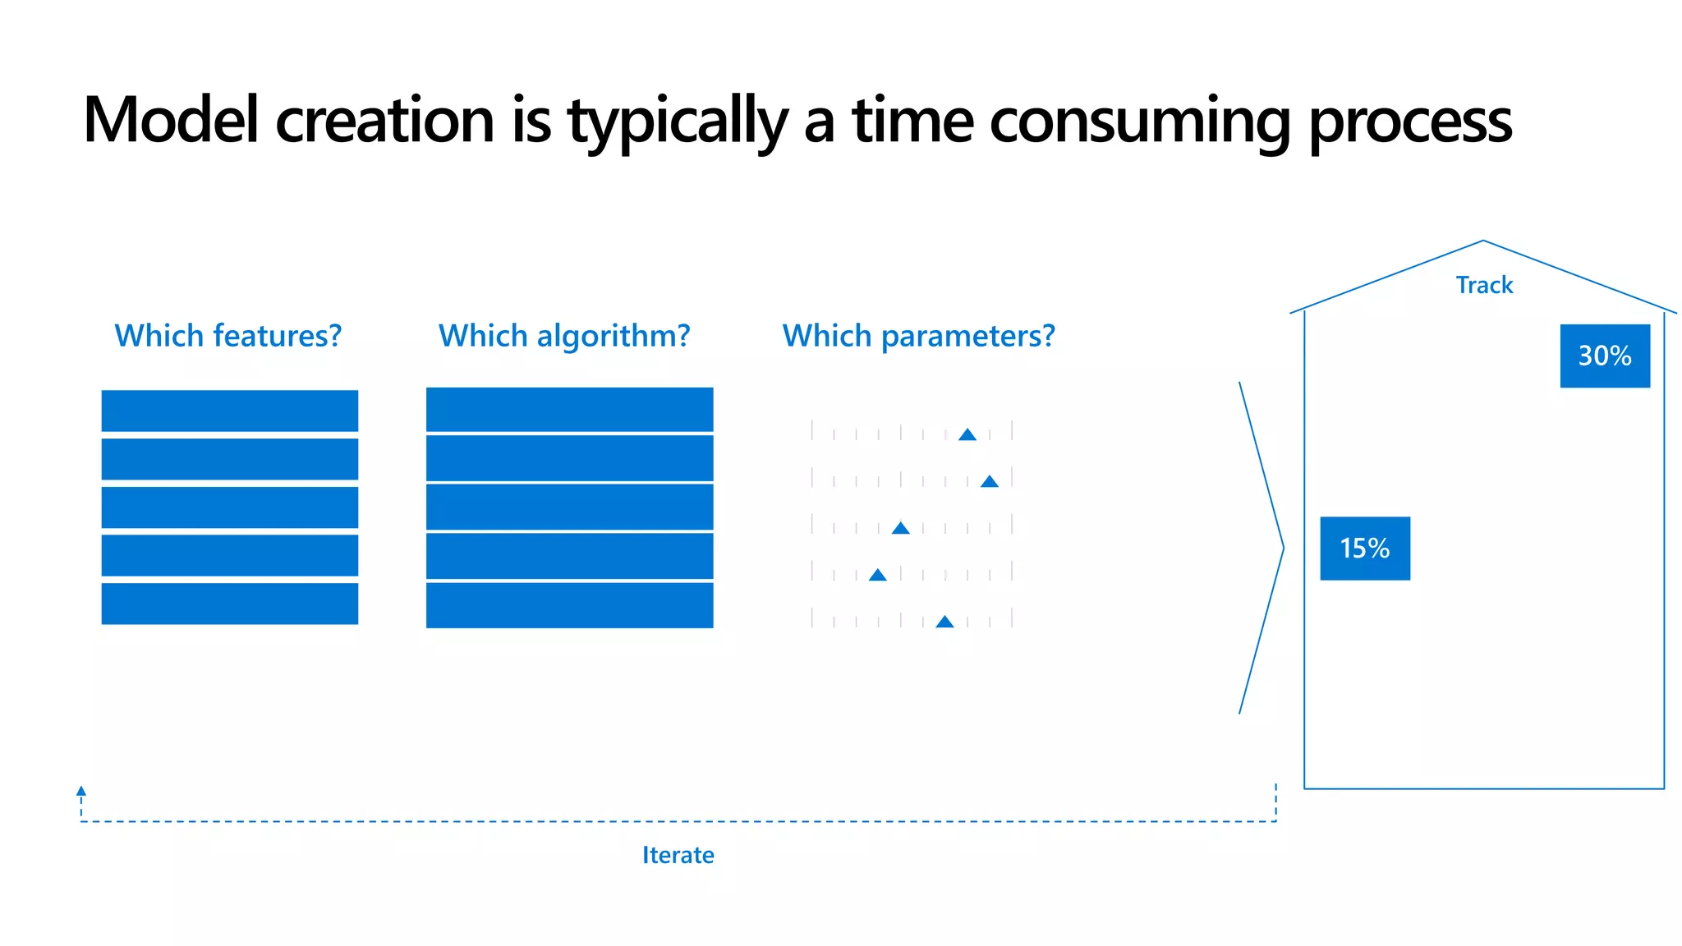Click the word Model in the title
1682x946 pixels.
click(171, 121)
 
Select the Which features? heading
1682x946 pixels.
click(227, 336)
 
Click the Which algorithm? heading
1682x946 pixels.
click(564, 336)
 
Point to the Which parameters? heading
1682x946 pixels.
click(918, 336)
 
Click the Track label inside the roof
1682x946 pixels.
click(1484, 285)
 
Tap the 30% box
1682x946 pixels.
click(1605, 356)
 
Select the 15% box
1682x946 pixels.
click(1365, 548)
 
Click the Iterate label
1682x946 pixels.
click(678, 855)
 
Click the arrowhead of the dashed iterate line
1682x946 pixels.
click(81, 791)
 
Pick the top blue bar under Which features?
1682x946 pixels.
click(230, 411)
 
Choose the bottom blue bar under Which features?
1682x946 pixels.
click(230, 604)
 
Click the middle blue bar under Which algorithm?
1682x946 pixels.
click(569, 507)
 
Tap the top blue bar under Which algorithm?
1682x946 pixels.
click(569, 409)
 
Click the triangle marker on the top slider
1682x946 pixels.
click(967, 435)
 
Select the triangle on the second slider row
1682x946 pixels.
click(990, 482)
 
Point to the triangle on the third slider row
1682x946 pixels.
click(901, 529)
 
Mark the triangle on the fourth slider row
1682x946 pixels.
click(878, 575)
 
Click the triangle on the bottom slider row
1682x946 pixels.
click(945, 622)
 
